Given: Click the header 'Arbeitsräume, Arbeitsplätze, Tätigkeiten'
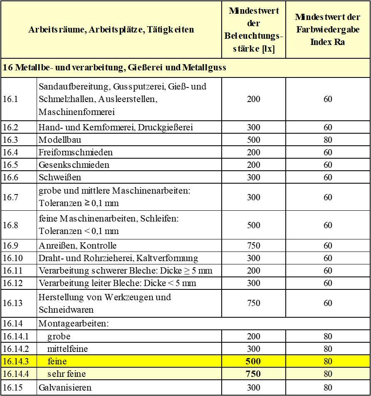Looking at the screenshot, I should pyautogui.click(x=111, y=30).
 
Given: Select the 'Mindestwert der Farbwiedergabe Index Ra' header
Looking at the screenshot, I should pyautogui.click(x=328, y=30).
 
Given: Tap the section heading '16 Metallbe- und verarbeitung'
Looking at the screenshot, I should pyautogui.click(x=114, y=67).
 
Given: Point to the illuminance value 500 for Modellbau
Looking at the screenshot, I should pyautogui.click(x=253, y=140).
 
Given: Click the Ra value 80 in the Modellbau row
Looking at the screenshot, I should pyautogui.click(x=328, y=140).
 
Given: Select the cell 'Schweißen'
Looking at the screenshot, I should pyautogui.click(x=60, y=177).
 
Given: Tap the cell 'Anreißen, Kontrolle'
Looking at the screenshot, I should pyautogui.click(x=78, y=246).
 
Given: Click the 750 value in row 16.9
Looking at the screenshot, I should pyautogui.click(x=253, y=246).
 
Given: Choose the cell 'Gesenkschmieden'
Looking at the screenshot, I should pyautogui.click(x=74, y=165).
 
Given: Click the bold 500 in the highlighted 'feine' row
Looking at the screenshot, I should pyautogui.click(x=253, y=361).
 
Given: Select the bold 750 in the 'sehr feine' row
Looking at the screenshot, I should pyautogui.click(x=253, y=374).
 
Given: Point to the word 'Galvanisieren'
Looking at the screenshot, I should pyautogui.click(x=65, y=388).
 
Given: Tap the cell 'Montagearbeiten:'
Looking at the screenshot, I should pyautogui.click(x=74, y=324).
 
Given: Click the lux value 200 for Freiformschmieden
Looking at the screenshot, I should pyautogui.click(x=253, y=152).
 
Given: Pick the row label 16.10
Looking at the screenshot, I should pyautogui.click(x=12, y=258).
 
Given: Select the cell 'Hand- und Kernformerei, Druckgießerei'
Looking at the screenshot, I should pyautogui.click(x=116, y=127).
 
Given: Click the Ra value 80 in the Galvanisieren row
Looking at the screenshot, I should pyautogui.click(x=328, y=388).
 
